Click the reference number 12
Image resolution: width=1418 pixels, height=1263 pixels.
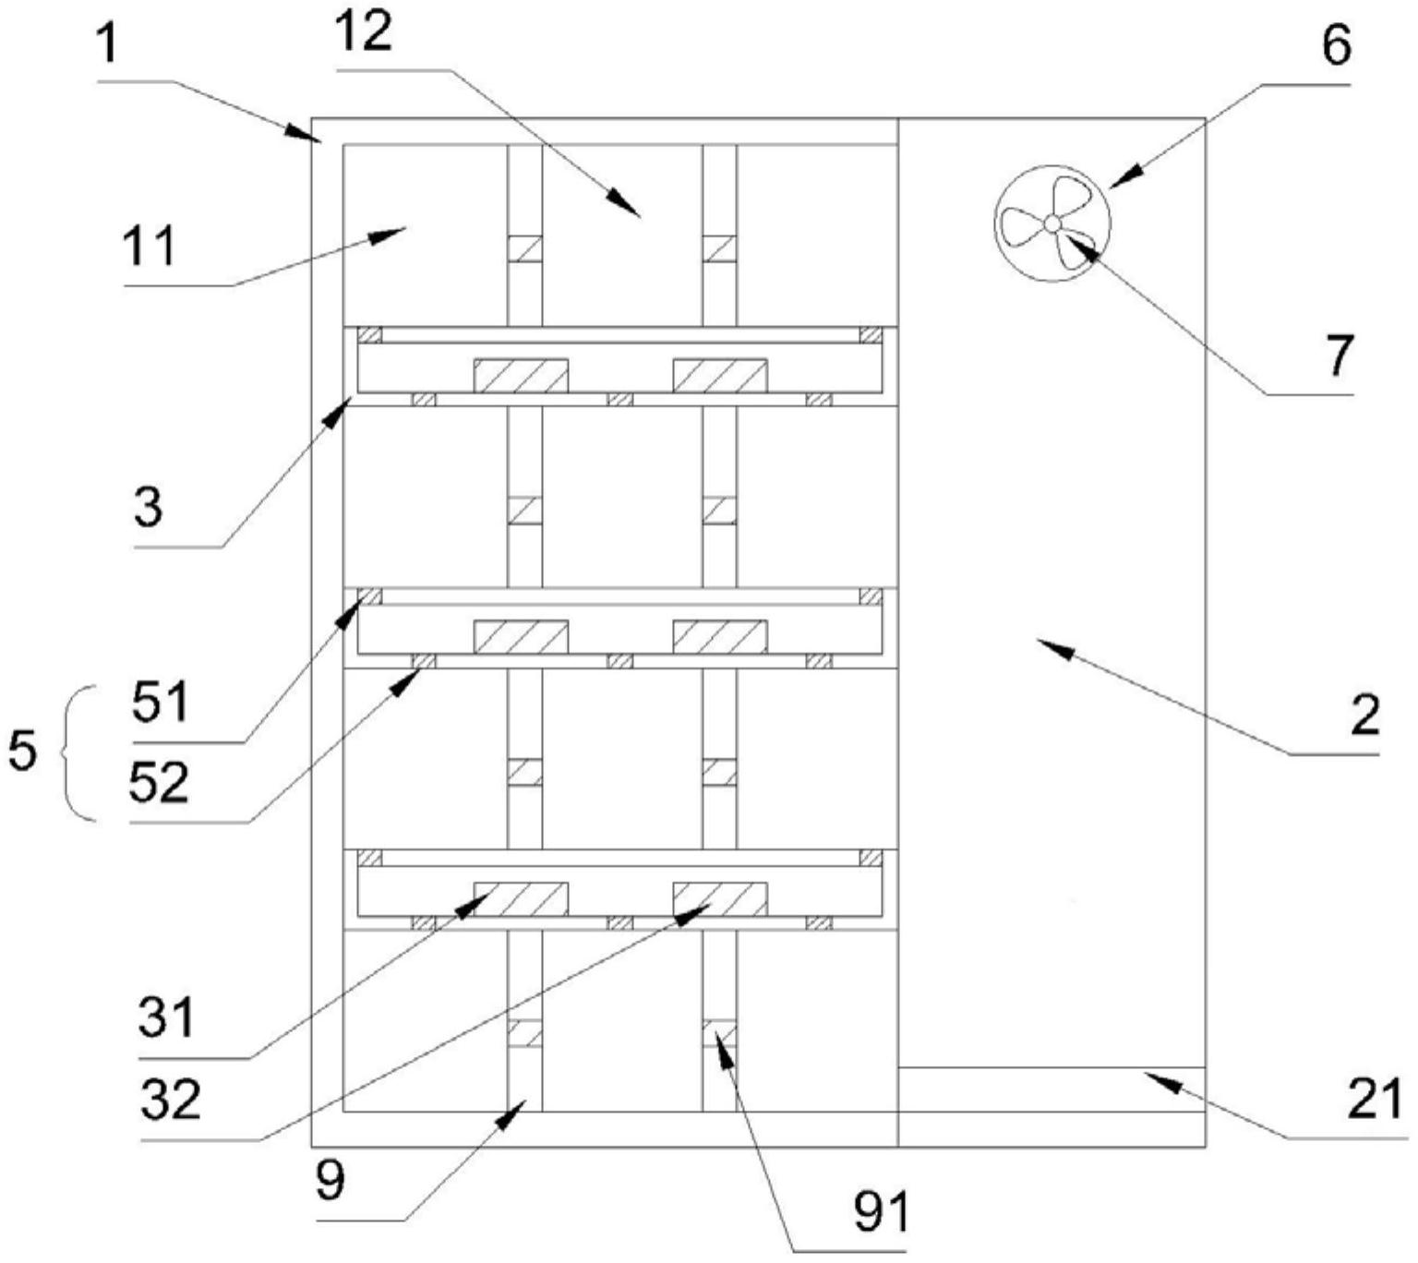tap(363, 32)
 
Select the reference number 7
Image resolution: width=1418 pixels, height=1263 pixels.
tap(1339, 355)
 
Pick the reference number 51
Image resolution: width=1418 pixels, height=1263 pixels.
tap(161, 703)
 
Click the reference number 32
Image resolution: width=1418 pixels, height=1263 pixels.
tap(171, 1099)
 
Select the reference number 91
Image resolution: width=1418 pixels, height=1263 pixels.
tap(882, 1211)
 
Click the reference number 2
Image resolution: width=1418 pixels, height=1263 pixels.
tap(1364, 715)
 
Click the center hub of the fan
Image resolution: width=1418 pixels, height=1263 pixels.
tap(1051, 223)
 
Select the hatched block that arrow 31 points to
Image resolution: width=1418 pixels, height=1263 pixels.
tap(521, 899)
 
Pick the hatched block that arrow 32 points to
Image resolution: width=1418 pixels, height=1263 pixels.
tap(719, 899)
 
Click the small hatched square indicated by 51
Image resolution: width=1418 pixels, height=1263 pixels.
tap(369, 596)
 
